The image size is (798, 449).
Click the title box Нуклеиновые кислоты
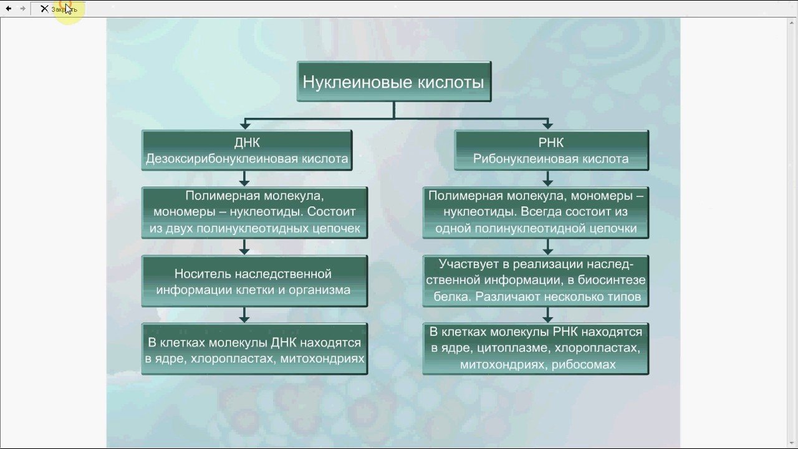[393, 82]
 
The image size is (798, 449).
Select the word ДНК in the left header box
[246, 143]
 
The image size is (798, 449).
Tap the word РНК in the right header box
[550, 143]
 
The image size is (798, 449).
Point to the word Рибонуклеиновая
[526, 159]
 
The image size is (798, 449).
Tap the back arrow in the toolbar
[9, 9]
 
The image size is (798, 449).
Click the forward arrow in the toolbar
[23, 9]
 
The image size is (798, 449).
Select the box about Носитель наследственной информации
[254, 281]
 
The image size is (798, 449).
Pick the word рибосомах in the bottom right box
[584, 365]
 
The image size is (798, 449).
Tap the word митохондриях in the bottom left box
[322, 359]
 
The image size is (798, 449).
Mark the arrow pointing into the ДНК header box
[244, 124]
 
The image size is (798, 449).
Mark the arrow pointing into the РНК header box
[548, 124]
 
